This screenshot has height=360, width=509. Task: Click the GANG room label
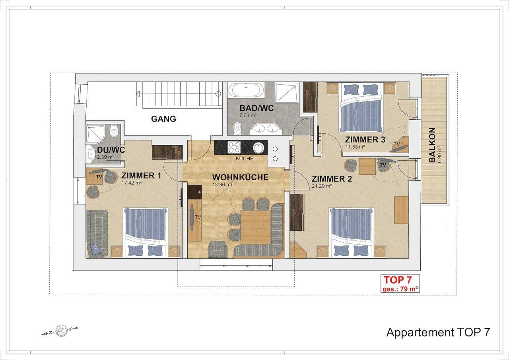point(163,119)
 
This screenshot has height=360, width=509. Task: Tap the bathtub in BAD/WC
point(246,90)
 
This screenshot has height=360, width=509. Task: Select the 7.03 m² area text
point(248,115)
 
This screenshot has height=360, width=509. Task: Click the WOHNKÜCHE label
point(240,177)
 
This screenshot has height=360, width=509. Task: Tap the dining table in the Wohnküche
point(256,227)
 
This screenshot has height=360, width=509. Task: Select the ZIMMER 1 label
point(141,175)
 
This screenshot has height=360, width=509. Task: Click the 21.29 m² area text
point(322,186)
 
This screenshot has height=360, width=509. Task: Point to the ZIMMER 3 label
point(365,140)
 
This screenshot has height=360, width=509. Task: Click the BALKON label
point(432,145)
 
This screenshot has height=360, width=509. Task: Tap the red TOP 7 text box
point(400,283)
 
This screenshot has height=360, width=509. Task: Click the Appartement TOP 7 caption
point(438,332)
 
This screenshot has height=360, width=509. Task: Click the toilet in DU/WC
point(114,131)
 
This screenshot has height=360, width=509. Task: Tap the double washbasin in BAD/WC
point(266,128)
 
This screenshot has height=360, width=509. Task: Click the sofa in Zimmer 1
point(97,234)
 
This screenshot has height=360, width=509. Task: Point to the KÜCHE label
point(245,159)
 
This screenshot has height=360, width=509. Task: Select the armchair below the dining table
point(218,249)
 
